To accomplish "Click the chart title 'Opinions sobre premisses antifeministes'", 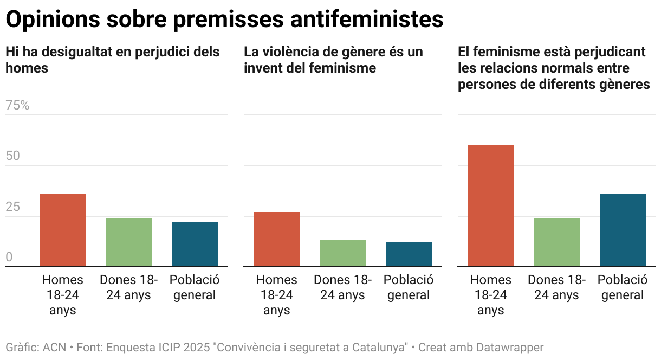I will (x=224, y=20).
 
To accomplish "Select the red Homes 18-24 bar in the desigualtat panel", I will (x=62, y=230).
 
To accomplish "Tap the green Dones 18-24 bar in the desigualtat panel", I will (x=128, y=242).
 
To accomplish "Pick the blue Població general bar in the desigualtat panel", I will (x=195, y=245).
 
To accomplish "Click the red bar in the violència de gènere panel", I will (x=276, y=239).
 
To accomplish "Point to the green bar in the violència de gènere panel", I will (x=342, y=253).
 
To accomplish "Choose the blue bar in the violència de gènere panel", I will (x=409, y=254).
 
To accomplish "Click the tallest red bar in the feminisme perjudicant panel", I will (x=490, y=206).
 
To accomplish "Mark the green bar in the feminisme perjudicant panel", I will (x=556, y=242).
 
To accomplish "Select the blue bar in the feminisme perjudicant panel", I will (x=623, y=230).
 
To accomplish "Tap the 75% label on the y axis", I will (x=17, y=106).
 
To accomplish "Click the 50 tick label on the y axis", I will (x=12, y=156).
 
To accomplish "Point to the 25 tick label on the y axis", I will (x=12, y=207).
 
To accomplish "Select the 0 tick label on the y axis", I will (x=9, y=258).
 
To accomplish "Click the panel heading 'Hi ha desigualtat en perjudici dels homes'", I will (x=113, y=60).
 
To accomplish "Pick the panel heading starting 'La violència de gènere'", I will (x=333, y=60).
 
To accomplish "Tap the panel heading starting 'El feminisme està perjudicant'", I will (x=553, y=68).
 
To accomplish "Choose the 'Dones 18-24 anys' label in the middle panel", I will (x=342, y=287).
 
